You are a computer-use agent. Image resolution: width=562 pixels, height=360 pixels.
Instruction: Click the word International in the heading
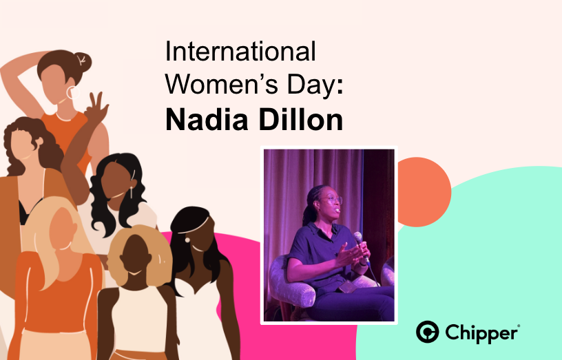coord(240,52)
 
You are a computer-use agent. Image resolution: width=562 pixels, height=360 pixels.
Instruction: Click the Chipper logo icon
coord(428,332)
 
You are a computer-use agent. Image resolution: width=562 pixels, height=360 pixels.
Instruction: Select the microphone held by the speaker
coord(358,239)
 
